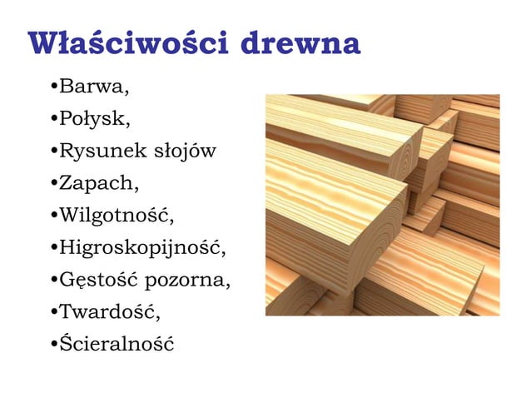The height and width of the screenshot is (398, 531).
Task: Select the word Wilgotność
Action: coord(117,216)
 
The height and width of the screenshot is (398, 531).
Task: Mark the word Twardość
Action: coord(109,312)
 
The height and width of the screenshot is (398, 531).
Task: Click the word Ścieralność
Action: coord(117,344)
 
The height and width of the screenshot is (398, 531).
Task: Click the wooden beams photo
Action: coord(382,205)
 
